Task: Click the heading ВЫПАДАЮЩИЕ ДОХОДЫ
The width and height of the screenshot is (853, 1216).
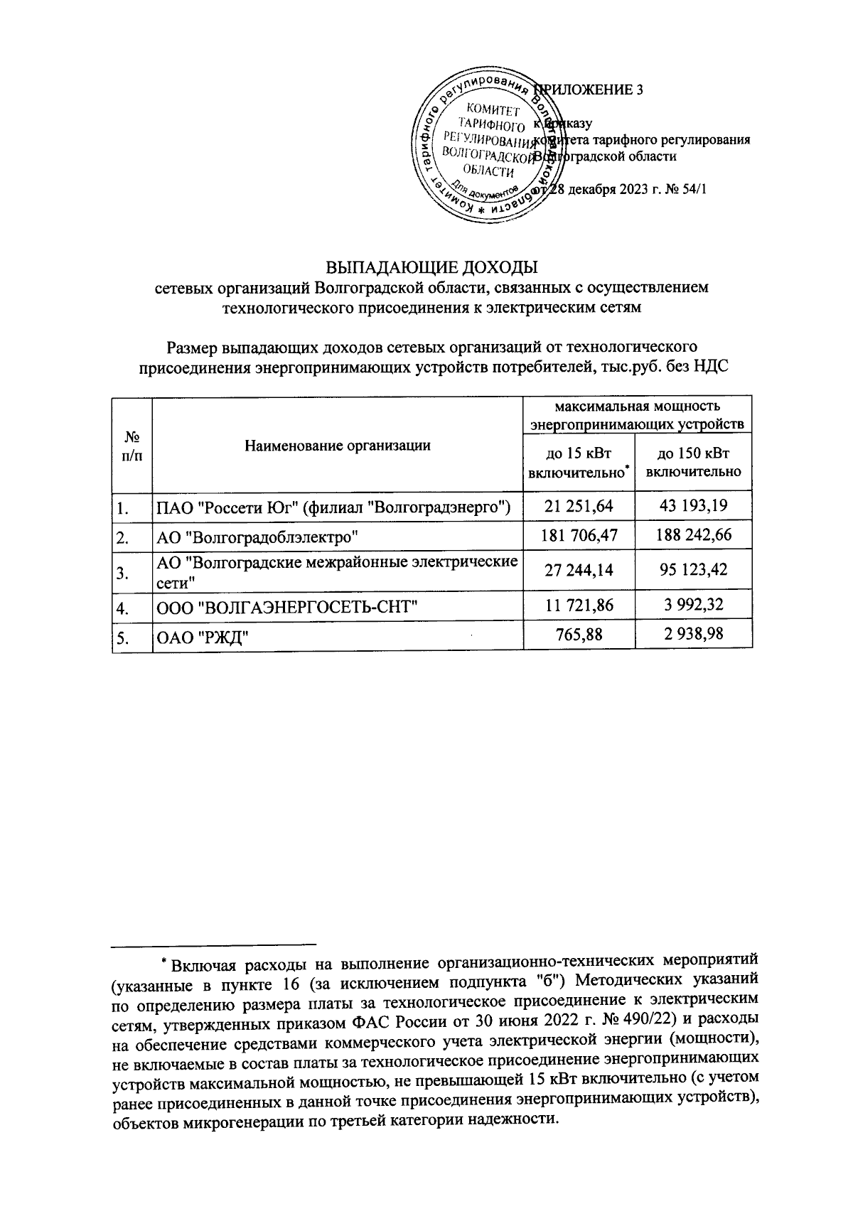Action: pos(431,269)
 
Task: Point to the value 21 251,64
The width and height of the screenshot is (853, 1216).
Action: pos(577,506)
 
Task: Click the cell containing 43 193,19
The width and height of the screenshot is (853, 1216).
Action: pos(694,506)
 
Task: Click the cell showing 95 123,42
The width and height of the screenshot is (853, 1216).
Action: pos(694,569)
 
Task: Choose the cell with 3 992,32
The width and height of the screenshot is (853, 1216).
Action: pos(694,605)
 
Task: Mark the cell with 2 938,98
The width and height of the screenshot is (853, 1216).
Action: pos(694,633)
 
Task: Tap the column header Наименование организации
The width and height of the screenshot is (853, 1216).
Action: pos(338,446)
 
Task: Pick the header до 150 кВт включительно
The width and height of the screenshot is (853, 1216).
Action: pos(694,463)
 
